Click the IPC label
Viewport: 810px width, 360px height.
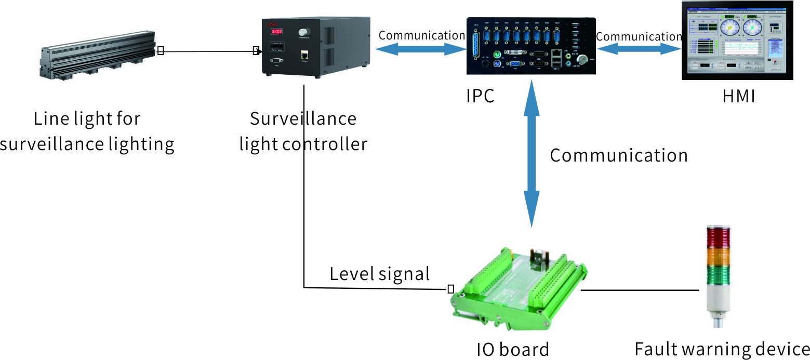click(480, 96)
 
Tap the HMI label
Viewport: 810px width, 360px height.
click(738, 96)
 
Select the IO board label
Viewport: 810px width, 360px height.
click(512, 349)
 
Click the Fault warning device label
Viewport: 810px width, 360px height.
click(722, 349)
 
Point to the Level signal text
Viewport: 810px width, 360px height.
click(379, 274)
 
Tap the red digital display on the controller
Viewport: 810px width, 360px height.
click(275, 32)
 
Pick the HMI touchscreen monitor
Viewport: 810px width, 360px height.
click(738, 40)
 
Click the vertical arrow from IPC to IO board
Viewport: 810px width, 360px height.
click(531, 156)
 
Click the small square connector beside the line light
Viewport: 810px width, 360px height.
click(161, 51)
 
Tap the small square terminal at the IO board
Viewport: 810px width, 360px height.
click(450, 288)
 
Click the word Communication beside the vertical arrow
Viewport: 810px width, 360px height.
click(618, 155)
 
